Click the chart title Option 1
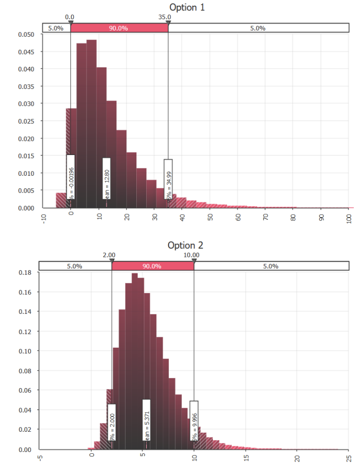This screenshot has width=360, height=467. pos(187,7)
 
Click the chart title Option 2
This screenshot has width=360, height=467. pos(185,245)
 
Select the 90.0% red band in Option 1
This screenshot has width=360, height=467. pos(119,28)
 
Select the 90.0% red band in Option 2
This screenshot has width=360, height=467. pos(152,266)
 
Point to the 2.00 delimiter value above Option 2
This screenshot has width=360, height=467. pos(109,255)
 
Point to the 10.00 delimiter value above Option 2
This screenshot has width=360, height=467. pos(191,255)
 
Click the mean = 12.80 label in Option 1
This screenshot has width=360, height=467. pos(107,179)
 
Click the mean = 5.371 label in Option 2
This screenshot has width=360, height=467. pos(146,420)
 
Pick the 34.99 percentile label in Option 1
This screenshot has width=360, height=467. pos(168,179)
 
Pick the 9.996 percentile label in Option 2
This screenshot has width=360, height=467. pos(194,420)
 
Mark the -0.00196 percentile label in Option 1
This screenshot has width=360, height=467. pos(70,177)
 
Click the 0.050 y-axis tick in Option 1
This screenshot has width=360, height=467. pos(26,34)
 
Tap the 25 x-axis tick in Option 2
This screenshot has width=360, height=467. pos(348,457)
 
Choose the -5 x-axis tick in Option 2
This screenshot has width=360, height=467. pos(40,457)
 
